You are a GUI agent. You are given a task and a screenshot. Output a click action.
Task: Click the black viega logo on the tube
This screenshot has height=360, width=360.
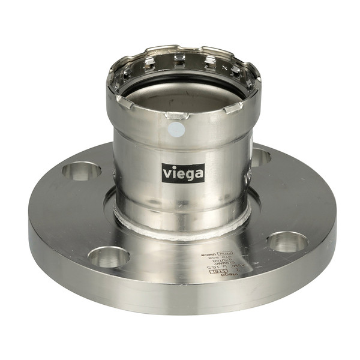[183, 173]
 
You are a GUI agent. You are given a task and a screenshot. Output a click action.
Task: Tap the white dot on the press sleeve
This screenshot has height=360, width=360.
[178, 129]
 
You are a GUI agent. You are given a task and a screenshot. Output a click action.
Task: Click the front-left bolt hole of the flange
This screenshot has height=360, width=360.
[109, 256]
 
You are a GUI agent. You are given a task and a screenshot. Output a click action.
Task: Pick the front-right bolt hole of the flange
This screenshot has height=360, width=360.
[287, 241]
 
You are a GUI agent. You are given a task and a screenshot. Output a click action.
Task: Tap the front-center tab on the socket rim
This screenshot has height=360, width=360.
[176, 115]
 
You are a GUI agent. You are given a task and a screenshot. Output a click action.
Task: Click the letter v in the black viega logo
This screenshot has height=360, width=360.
[167, 173]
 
